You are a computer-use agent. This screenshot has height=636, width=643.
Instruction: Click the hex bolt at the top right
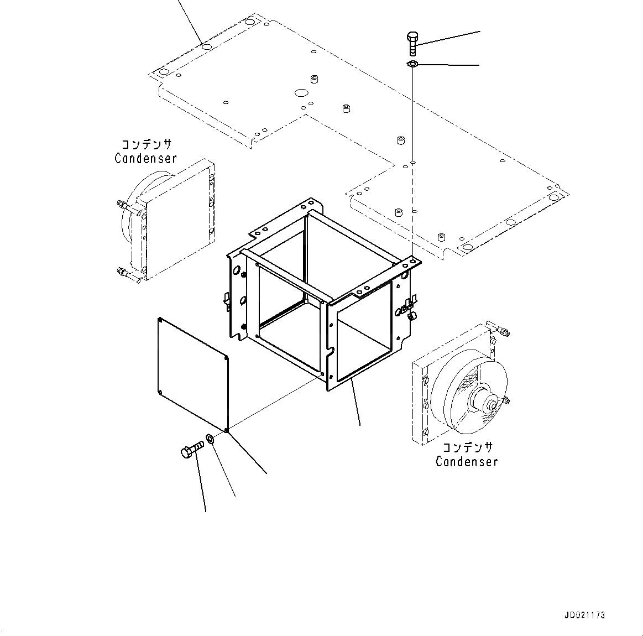click(x=412, y=43)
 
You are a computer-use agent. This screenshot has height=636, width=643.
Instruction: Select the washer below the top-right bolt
click(x=412, y=65)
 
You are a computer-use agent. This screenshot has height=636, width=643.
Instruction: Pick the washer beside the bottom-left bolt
click(x=211, y=440)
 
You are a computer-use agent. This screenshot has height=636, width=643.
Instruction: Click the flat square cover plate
click(x=193, y=373)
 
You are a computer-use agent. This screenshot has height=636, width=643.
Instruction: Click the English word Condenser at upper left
click(x=145, y=158)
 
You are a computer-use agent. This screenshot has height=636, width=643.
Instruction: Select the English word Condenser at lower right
click(x=466, y=461)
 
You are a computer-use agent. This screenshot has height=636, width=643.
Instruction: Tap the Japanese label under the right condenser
click(x=466, y=447)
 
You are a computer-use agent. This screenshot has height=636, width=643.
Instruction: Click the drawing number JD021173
click(x=585, y=615)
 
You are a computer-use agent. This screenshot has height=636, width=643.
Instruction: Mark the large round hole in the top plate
click(x=301, y=92)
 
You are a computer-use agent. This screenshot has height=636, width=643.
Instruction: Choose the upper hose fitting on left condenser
click(x=127, y=207)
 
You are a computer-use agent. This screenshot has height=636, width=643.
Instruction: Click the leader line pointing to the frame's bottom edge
click(x=356, y=403)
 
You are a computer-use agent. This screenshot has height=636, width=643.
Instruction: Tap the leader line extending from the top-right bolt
click(x=448, y=37)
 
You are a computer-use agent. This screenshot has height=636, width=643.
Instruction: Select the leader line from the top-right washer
click(x=448, y=65)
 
